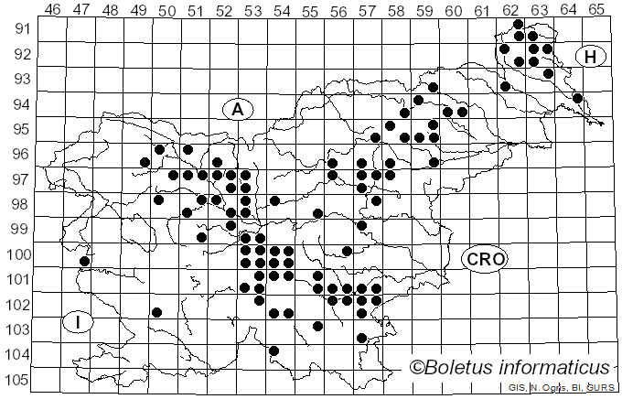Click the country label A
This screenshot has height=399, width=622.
click(x=237, y=110)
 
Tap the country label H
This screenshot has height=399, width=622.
click(x=591, y=57)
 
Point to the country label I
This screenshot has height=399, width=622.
click(x=80, y=322)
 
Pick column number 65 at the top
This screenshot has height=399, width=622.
click(x=596, y=10)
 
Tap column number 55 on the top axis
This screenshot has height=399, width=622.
click(x=310, y=10)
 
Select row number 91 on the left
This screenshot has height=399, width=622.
click(x=17, y=28)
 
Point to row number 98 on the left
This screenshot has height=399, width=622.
click(x=17, y=203)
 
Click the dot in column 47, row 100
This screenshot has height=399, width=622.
click(x=85, y=261)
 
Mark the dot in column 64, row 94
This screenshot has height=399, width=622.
click(x=577, y=98)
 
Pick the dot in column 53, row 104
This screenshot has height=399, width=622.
click(x=273, y=350)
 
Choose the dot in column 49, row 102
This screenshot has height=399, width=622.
click(x=157, y=312)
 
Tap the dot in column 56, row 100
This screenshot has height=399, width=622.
click(x=347, y=250)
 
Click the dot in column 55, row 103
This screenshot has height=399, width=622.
click(x=317, y=325)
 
